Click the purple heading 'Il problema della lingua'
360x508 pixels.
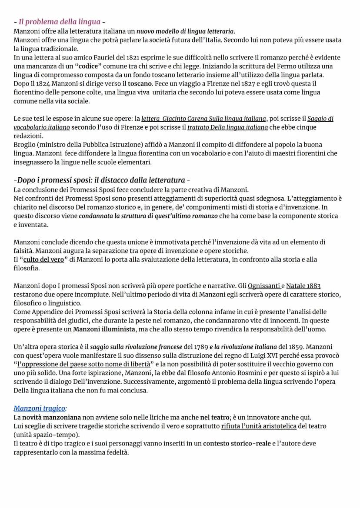(x=59, y=22)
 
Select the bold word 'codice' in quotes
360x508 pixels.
(x=90, y=66)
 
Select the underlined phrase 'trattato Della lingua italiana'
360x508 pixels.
(x=227, y=127)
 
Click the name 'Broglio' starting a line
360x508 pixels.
(x=25, y=145)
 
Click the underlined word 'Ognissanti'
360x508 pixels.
(x=264, y=286)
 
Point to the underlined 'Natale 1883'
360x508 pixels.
(x=303, y=286)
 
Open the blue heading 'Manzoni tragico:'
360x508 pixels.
(x=40, y=408)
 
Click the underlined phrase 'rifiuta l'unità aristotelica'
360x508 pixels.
(x=259, y=426)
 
